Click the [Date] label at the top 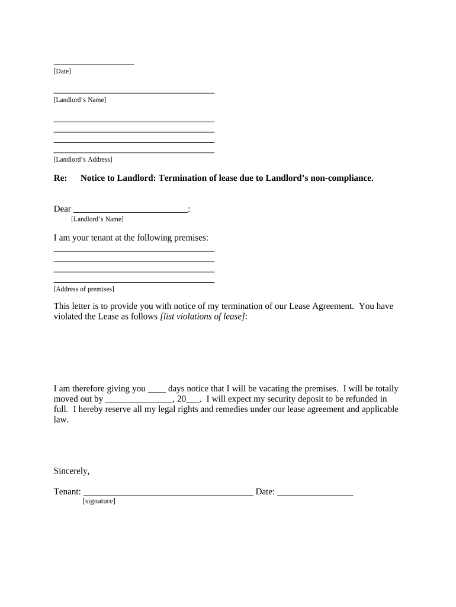click(62, 71)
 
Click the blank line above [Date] click(94, 63)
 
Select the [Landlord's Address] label click(83, 159)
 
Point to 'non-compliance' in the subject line click(343, 178)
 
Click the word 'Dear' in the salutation click(62, 209)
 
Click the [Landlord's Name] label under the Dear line click(97, 219)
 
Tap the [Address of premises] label click(84, 289)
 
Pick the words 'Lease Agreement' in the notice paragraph click(321, 306)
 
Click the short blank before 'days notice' click(156, 391)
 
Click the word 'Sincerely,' click(72, 471)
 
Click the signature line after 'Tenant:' click(168, 493)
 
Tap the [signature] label click(98, 501)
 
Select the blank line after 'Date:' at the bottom click(315, 493)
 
